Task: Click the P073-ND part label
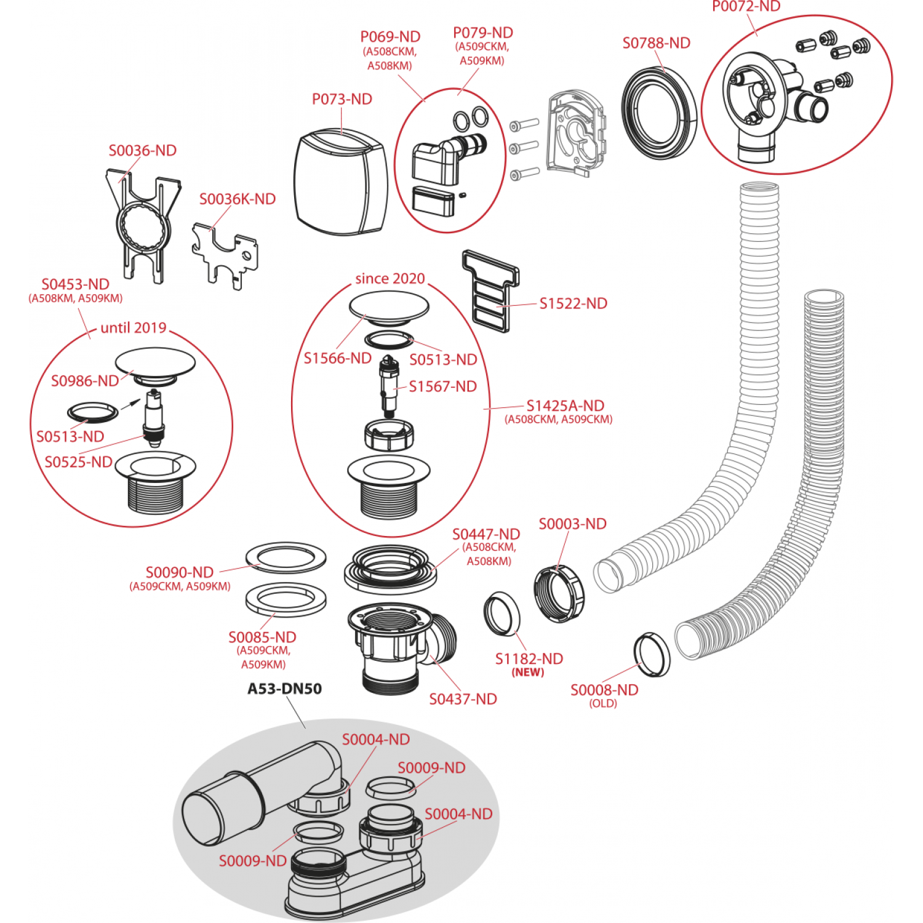[x=342, y=99]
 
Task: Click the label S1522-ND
[x=573, y=303]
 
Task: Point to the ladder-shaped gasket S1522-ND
[x=491, y=290]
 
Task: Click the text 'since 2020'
[x=390, y=279]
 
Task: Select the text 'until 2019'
[x=133, y=328]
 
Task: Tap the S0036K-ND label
[x=237, y=199]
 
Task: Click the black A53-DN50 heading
[x=284, y=689]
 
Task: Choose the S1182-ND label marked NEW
[x=529, y=659]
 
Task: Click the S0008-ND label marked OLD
[x=604, y=690]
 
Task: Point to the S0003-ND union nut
[x=559, y=593]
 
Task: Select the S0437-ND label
[x=463, y=699]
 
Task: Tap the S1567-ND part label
[x=442, y=386]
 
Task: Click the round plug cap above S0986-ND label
[x=155, y=363]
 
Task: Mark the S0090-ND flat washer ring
[x=286, y=557]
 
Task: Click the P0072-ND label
[x=746, y=7]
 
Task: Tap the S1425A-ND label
[x=565, y=406]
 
